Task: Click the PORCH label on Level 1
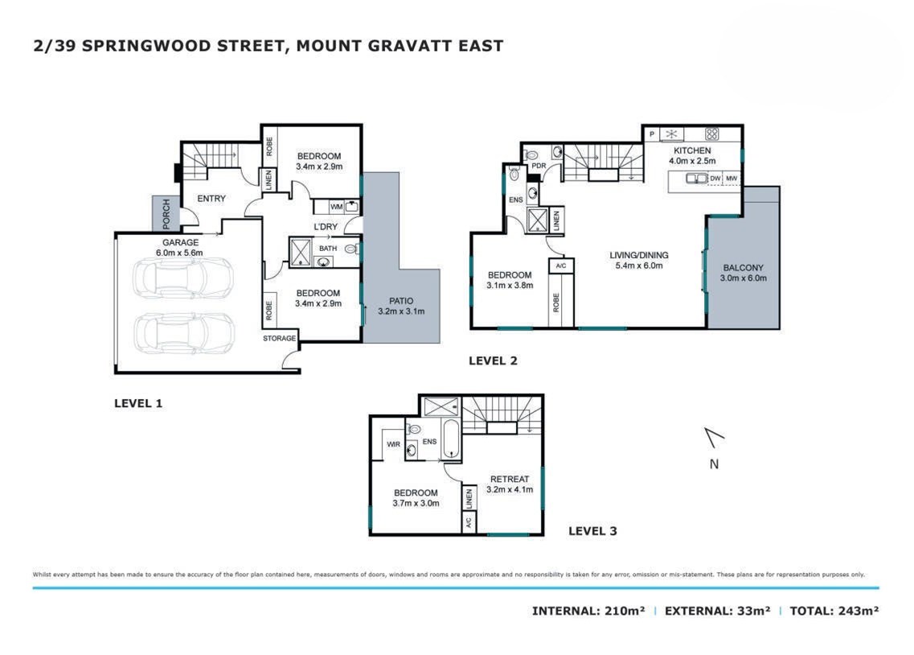click(166, 213)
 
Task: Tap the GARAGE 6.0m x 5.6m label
click(180, 247)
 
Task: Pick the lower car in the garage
click(183, 333)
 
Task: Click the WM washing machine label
click(336, 207)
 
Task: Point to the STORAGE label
click(279, 338)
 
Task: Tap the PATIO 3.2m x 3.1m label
click(401, 306)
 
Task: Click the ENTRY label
click(211, 198)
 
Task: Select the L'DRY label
click(326, 226)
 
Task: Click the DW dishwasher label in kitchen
click(715, 179)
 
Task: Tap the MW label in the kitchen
click(732, 179)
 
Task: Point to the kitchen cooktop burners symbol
click(711, 134)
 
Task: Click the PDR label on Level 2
click(539, 166)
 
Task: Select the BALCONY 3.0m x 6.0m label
click(744, 273)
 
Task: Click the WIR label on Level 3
click(393, 444)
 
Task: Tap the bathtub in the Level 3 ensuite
click(452, 438)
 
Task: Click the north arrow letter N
click(714, 464)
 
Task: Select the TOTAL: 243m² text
click(834, 611)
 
